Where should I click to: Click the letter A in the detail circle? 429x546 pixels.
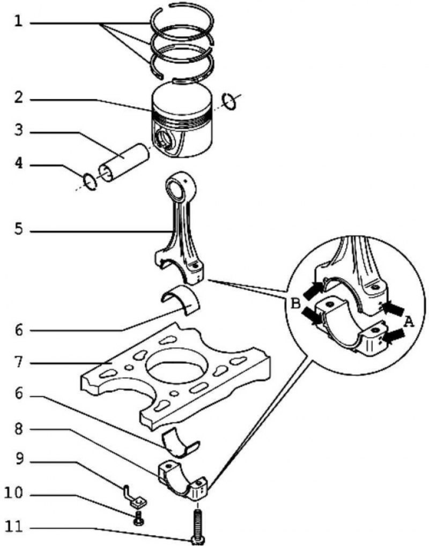tap(409, 321)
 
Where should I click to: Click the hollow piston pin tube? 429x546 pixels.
tap(123, 160)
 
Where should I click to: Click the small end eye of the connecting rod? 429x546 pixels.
tap(178, 189)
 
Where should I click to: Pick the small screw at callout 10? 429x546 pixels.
tap(138, 517)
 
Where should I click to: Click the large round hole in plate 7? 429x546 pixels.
tap(175, 367)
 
